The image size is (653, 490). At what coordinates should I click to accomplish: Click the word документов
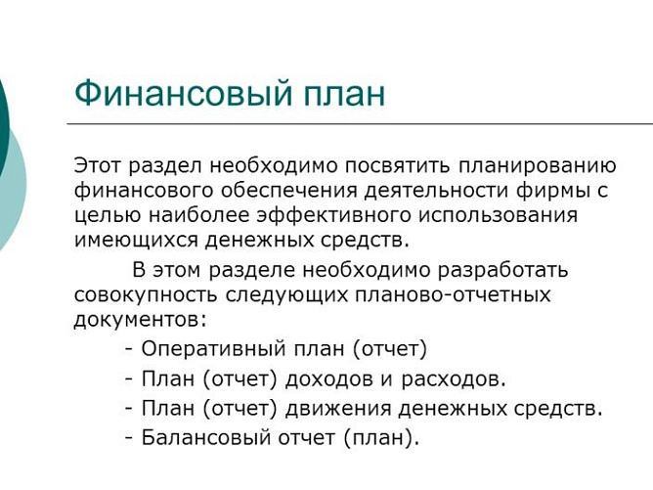coord(138,319)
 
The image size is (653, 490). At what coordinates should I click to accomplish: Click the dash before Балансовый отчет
coord(129,437)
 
